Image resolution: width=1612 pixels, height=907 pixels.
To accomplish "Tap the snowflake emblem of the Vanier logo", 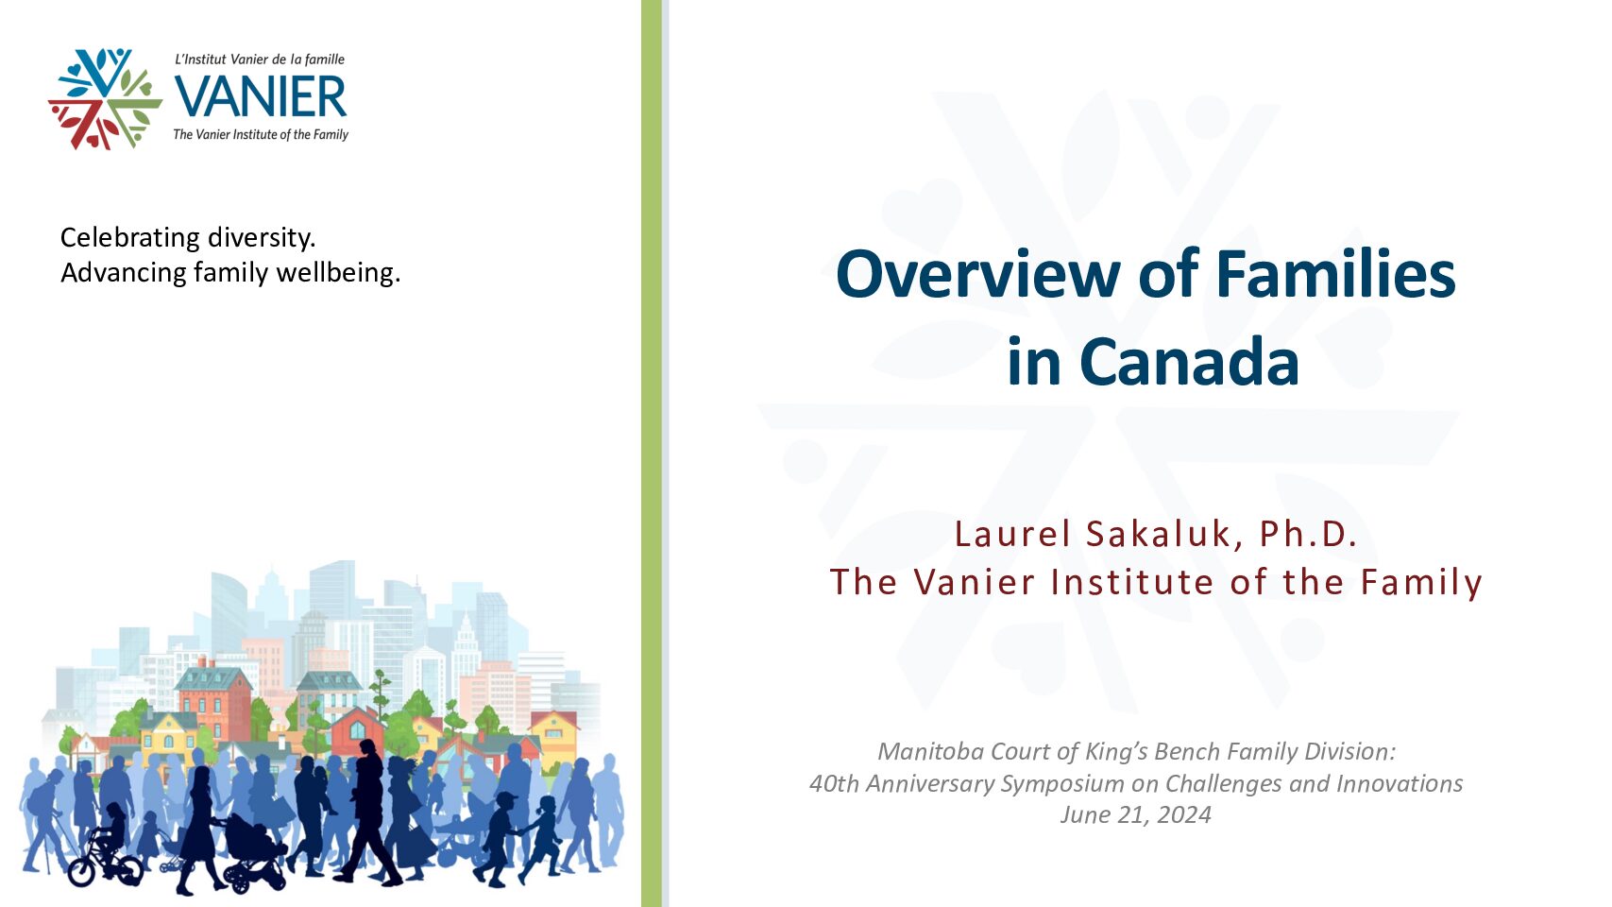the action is click(105, 98).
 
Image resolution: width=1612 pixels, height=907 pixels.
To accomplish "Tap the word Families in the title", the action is click(1335, 274).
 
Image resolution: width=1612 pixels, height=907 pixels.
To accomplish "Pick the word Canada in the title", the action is click(1189, 361).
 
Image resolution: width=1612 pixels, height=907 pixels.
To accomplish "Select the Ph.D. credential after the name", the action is click(1308, 534).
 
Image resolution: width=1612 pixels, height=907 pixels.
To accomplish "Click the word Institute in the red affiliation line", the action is click(1132, 582).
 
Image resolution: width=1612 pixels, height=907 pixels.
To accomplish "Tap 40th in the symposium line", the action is click(834, 783).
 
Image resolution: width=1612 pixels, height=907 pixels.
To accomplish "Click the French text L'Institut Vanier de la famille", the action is click(260, 59).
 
